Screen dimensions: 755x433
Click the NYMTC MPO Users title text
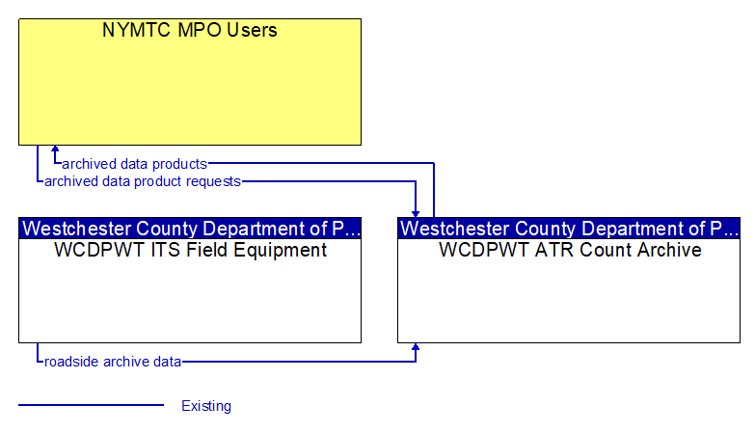[190, 30]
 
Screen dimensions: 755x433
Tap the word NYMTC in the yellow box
[137, 30]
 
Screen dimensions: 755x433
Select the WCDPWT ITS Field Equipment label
[190, 250]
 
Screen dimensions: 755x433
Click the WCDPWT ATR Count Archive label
[570, 250]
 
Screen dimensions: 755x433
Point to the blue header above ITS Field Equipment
[190, 229]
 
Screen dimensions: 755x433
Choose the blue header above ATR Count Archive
[569, 229]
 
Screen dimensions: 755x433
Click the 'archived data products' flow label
[134, 164]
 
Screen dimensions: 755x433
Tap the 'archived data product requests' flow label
[143, 181]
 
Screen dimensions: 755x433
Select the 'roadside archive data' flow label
[113, 362]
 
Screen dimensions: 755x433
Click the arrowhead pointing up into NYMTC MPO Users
[55, 149]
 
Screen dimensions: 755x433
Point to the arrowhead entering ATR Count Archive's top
[415, 214]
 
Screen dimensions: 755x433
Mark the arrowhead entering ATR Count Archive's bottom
[415, 347]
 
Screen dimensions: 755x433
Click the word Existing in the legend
[206, 406]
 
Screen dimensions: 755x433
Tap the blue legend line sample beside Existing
[91, 405]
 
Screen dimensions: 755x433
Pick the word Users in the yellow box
[252, 30]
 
